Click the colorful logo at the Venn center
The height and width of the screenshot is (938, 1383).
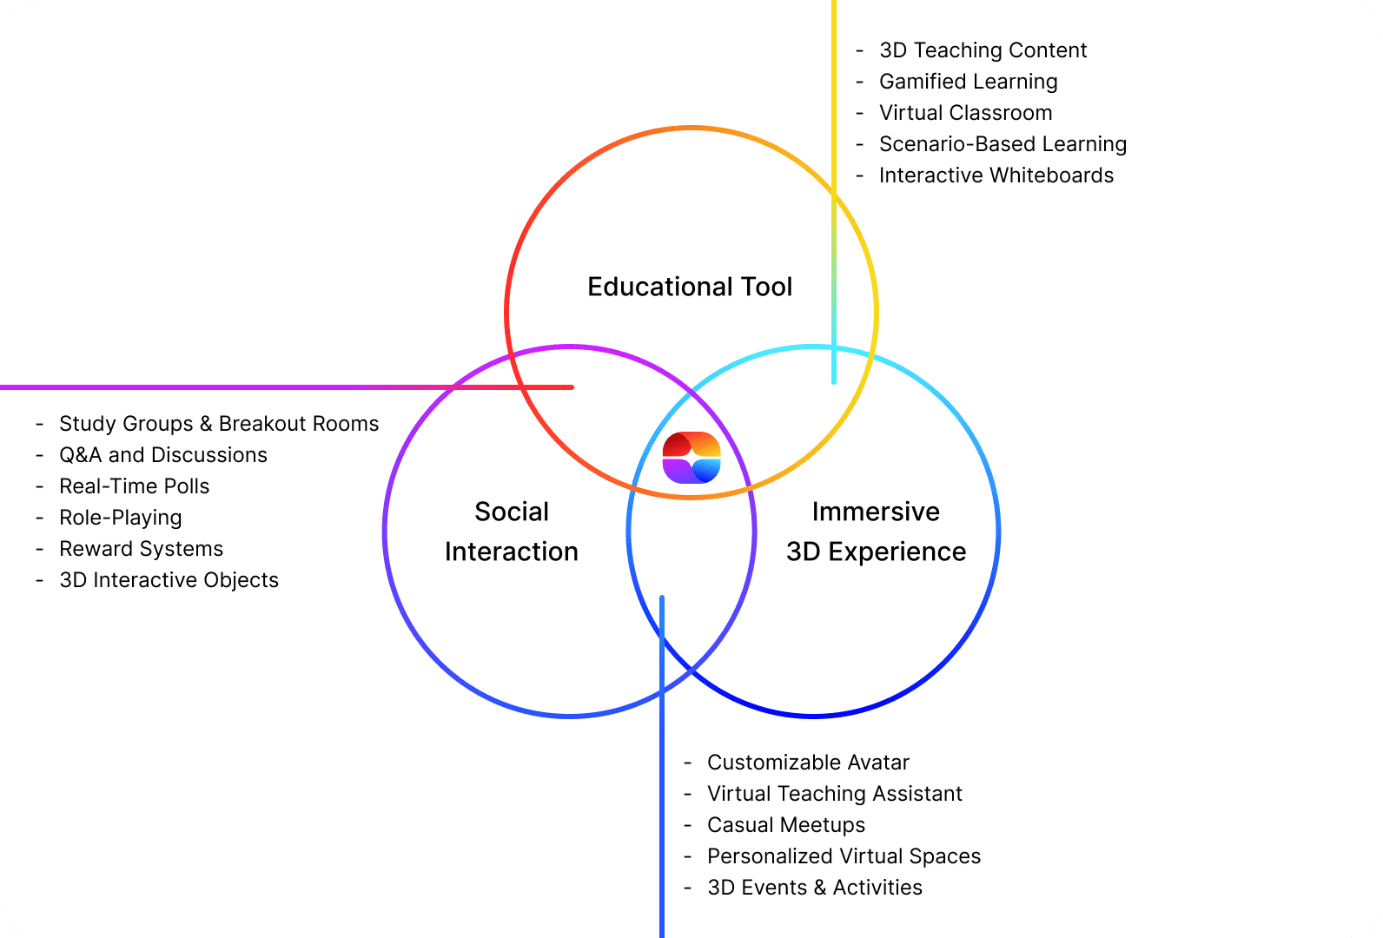click(691, 457)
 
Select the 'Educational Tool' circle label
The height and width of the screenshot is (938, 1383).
click(690, 287)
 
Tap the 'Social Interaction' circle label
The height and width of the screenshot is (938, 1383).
click(512, 532)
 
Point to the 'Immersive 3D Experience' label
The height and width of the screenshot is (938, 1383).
click(876, 532)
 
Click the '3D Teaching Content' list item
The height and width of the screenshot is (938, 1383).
click(983, 50)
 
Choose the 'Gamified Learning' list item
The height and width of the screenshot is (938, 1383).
click(968, 82)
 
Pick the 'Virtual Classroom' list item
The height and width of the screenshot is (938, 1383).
click(965, 113)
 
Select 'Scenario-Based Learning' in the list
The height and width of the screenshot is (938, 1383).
click(1003, 144)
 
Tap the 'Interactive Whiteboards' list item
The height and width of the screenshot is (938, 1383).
click(996, 175)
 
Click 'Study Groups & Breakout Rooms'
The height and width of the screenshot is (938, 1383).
click(219, 424)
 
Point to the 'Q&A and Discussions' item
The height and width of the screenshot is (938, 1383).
click(163, 455)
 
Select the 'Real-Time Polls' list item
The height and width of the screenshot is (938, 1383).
click(135, 486)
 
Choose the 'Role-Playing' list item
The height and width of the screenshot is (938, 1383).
click(121, 518)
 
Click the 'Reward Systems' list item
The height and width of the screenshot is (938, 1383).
click(142, 549)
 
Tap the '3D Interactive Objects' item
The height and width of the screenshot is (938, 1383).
click(169, 580)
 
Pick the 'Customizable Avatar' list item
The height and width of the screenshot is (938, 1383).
click(808, 763)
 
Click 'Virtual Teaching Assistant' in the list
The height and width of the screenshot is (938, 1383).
click(835, 794)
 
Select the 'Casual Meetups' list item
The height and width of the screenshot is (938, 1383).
click(786, 825)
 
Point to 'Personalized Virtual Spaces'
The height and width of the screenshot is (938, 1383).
click(844, 856)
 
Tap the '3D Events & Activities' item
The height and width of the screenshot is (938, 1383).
click(815, 888)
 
